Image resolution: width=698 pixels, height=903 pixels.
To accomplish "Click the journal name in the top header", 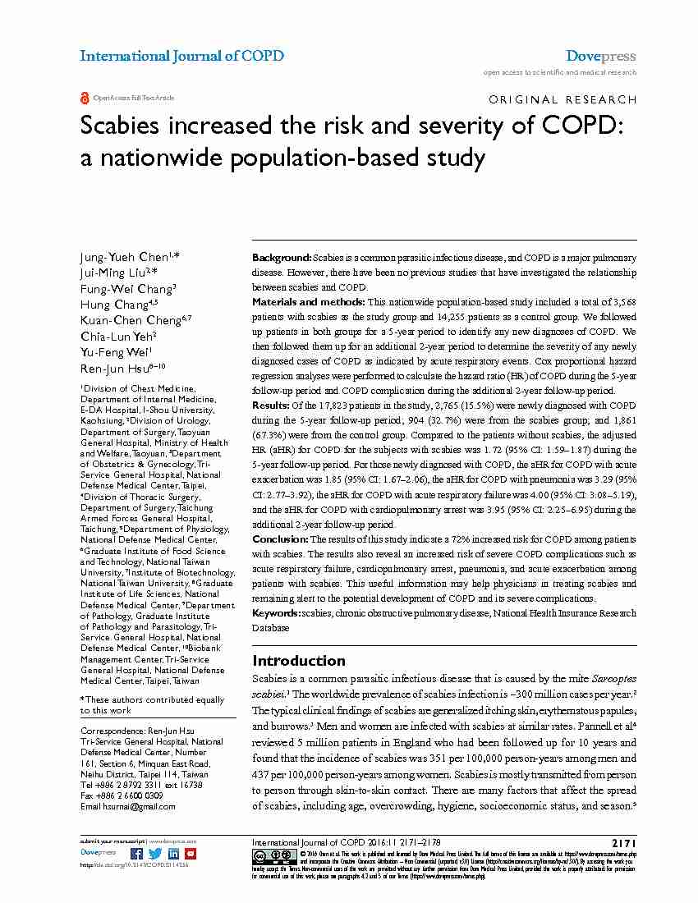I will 181,56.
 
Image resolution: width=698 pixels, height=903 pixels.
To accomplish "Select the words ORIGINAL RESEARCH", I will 562,100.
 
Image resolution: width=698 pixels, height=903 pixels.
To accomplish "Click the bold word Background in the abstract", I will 281,258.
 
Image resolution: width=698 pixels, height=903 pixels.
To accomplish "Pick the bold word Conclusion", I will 279,539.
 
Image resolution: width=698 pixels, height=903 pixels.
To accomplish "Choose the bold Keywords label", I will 276,613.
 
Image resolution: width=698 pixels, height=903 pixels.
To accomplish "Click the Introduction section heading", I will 299,661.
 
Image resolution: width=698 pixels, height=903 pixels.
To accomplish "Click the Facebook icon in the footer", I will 135,853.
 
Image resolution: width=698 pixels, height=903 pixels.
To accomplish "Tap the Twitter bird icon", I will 154,853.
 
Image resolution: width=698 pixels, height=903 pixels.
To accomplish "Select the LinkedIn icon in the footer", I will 172,853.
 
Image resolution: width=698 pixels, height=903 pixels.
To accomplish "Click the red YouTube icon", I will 191,853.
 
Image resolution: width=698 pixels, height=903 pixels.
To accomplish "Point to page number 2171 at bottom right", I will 623,842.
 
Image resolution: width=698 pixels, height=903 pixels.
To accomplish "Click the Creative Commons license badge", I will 269,855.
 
